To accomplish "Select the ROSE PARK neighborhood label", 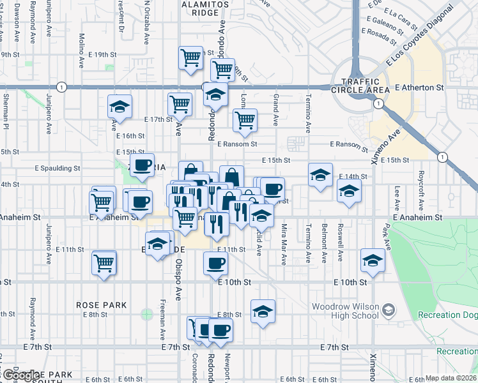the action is coord(101,305).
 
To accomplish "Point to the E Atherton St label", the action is coord(419,87).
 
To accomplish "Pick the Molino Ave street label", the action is coord(81,47).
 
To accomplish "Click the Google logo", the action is coord(20,375).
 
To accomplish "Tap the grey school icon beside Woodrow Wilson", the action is coord(387,311).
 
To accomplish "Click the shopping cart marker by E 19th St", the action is coord(190,58).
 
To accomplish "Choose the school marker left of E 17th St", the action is coord(119,107).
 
